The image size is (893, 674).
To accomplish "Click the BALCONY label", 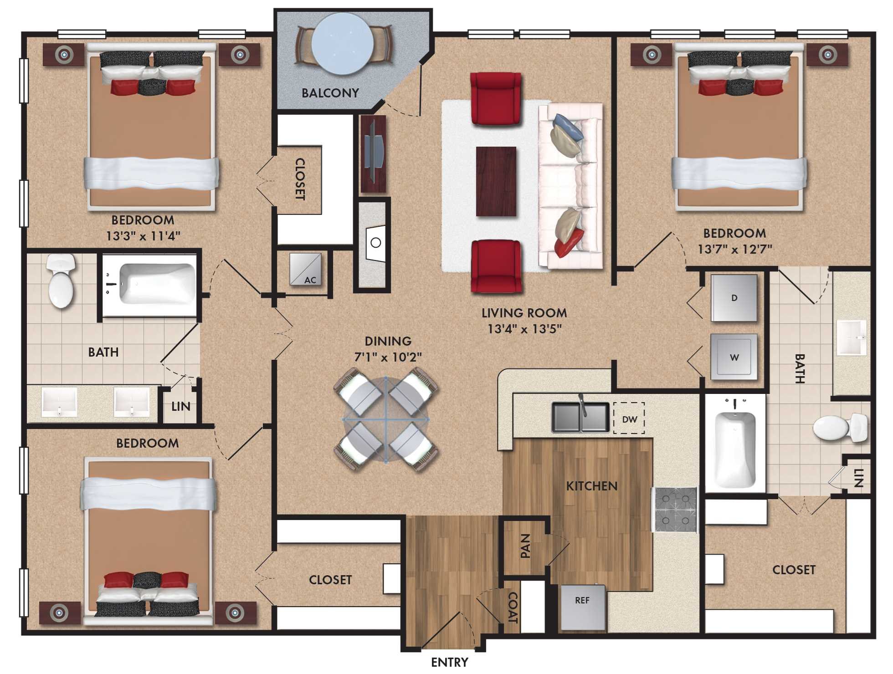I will click(x=330, y=93).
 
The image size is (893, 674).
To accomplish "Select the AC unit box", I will click(x=306, y=269).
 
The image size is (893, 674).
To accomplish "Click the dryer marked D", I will click(x=734, y=298).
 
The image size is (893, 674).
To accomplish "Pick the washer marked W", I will click(x=734, y=357).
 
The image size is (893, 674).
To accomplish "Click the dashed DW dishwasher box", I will click(x=629, y=419).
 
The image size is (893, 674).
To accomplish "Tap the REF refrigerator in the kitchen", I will click(x=582, y=607).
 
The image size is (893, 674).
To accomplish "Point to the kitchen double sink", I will click(x=580, y=417).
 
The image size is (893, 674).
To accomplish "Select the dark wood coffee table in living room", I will click(x=496, y=181).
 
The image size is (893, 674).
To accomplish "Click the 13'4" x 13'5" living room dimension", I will click(x=524, y=329).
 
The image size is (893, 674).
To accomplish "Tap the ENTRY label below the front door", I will click(x=449, y=662).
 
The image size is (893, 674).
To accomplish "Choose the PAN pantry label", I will click(x=525, y=546).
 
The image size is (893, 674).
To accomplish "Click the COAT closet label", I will click(x=513, y=608).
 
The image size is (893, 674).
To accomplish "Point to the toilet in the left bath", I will click(x=61, y=281).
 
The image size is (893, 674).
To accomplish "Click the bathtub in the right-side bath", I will click(x=735, y=449).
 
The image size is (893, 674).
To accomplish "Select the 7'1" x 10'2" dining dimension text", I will click(x=388, y=357).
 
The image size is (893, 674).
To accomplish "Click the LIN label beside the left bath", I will click(x=181, y=406).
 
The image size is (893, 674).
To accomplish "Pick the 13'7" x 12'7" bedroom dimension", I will click(x=734, y=249).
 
